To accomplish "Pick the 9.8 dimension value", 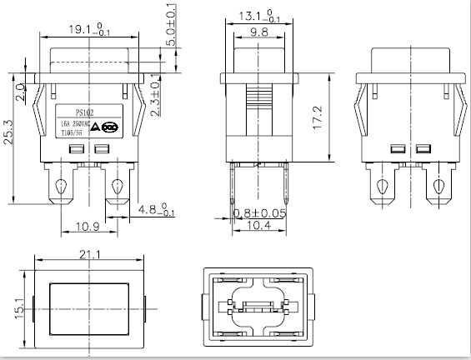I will point(258,32).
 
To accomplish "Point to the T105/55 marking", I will point(74,131).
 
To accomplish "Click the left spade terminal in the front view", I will point(61,185).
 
